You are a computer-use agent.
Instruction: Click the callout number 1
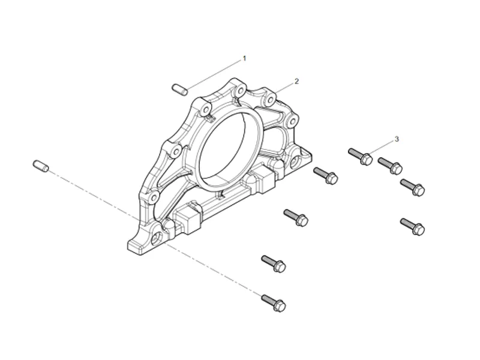pos(244,58)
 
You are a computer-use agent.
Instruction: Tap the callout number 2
pos(296,80)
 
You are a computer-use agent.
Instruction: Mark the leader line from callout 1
pos(213,74)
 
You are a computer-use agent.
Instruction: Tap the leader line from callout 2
pos(285,86)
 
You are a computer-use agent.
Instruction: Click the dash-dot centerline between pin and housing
pos(96,198)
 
